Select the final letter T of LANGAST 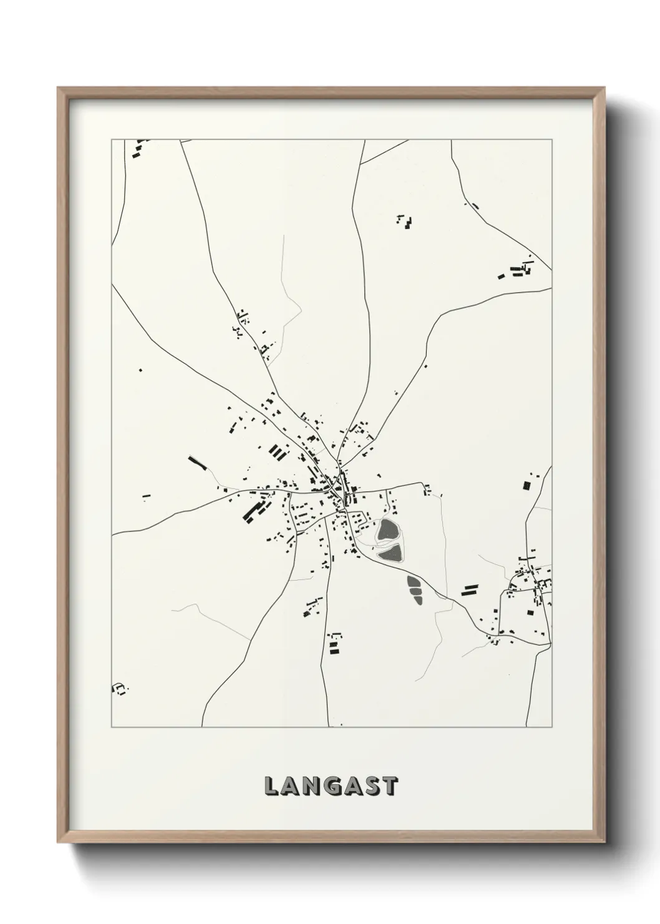tap(390, 786)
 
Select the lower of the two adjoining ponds tap(390, 551)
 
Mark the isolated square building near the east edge tap(526, 484)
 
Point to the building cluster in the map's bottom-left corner tap(119, 689)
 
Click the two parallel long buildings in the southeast tap(469, 591)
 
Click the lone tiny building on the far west tap(140, 370)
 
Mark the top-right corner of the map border tap(551, 140)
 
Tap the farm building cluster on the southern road tap(335, 643)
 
